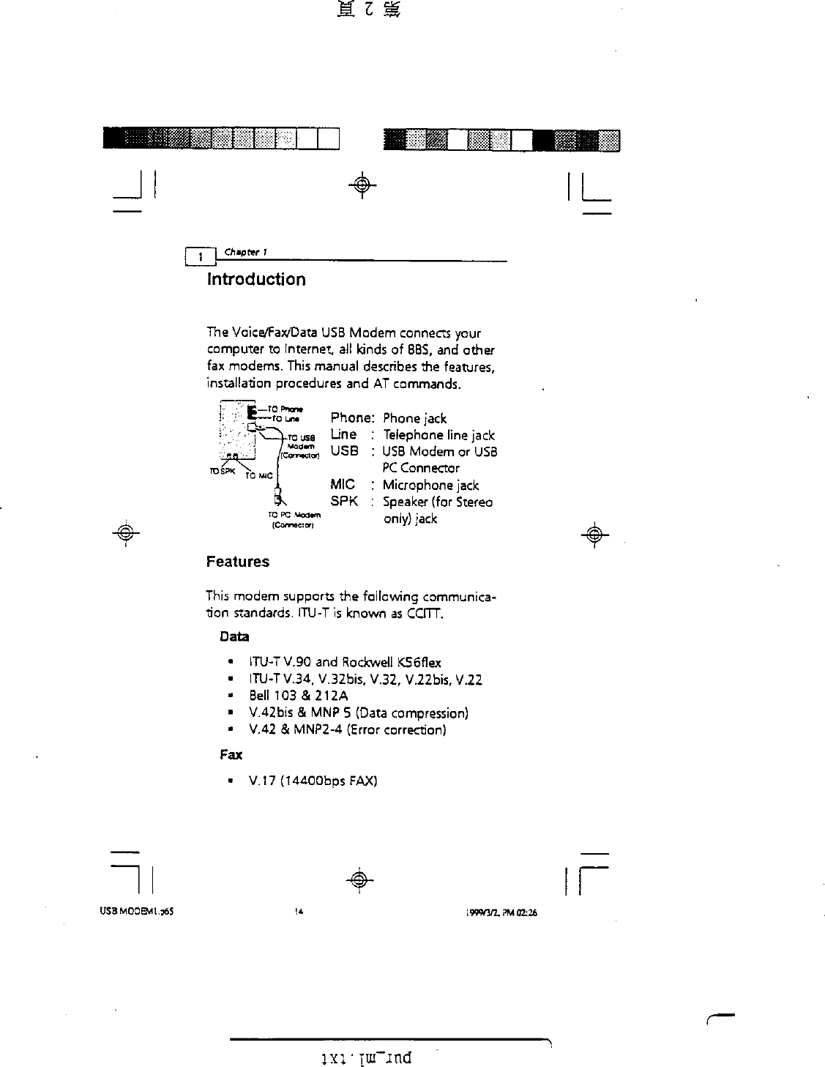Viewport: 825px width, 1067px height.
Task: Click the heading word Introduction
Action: [256, 280]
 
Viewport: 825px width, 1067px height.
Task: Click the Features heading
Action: [237, 562]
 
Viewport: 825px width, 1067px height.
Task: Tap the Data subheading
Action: [234, 636]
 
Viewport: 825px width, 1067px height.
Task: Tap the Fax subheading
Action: [231, 754]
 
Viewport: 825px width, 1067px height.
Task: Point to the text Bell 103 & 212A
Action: [298, 696]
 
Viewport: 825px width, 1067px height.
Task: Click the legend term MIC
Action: [343, 484]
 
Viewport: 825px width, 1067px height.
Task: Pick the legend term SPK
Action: [344, 502]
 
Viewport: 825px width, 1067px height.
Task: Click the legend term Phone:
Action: [353, 418]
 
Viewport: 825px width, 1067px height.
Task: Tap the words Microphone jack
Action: [430, 485]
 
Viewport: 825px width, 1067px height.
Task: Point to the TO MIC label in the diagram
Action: [258, 475]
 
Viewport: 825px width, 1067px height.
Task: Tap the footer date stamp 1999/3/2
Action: [483, 912]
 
